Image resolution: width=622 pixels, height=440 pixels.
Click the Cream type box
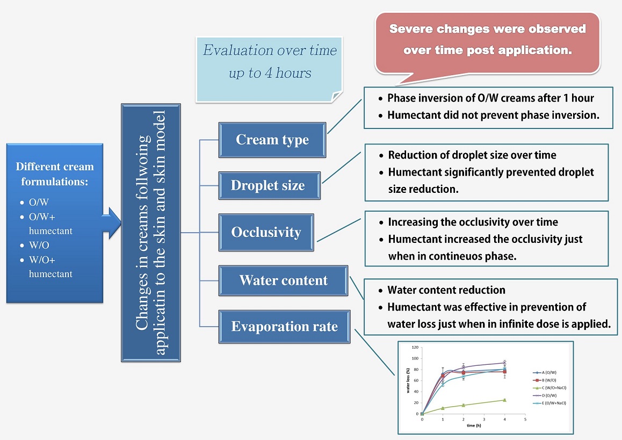pyautogui.click(x=272, y=140)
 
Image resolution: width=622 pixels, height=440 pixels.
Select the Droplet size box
pyautogui.click(x=267, y=186)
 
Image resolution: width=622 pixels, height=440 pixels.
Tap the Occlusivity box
pyautogui.click(x=266, y=232)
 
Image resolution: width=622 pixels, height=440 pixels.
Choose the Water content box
pyautogui.click(x=283, y=280)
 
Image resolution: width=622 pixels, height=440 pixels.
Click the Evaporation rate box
pyautogui.click(x=284, y=327)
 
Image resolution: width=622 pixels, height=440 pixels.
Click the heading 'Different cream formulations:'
pyautogui.click(x=54, y=174)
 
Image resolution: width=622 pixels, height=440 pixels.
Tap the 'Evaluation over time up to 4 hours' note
pyautogui.click(x=270, y=62)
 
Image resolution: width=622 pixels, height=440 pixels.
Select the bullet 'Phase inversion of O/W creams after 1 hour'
pyautogui.click(x=490, y=98)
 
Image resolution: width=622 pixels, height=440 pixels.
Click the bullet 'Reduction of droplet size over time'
pyautogui.click(x=472, y=155)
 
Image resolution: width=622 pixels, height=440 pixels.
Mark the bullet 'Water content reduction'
pyautogui.click(x=446, y=290)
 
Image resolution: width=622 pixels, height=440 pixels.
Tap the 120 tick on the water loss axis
pyautogui.click(x=415, y=347)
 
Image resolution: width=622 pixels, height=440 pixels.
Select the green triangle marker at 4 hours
pyautogui.click(x=504, y=400)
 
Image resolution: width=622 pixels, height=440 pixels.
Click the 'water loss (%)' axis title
pyautogui.click(x=408, y=380)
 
